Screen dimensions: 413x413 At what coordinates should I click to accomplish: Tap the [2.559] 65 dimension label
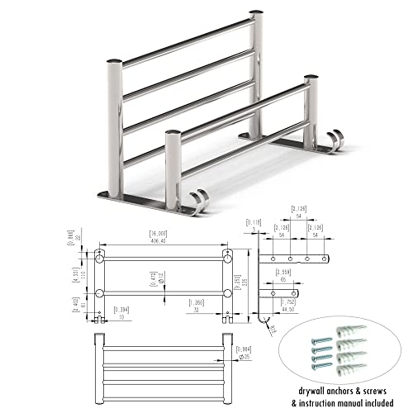[284, 276]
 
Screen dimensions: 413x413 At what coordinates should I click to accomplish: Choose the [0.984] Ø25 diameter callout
[243, 353]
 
